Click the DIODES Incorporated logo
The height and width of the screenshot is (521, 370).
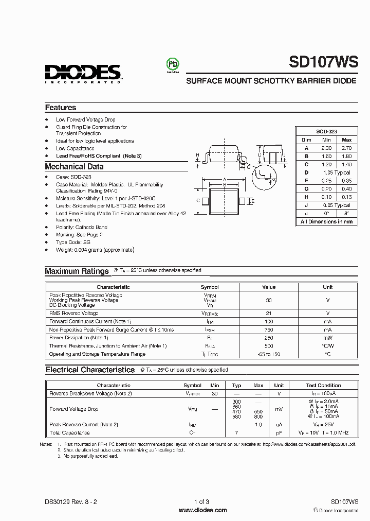[82, 73]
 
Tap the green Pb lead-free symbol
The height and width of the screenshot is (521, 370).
[172, 64]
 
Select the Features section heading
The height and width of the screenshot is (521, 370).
[60, 108]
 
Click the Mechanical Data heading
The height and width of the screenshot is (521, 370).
[74, 167]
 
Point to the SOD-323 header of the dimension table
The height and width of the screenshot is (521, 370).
[326, 132]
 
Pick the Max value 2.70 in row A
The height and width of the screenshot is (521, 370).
[346, 148]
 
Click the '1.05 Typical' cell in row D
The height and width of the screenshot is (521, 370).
[337, 172]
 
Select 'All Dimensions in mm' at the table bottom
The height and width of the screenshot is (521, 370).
[326, 222]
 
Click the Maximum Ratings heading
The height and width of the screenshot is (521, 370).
[77, 271]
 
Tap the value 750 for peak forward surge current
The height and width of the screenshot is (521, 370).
[269, 329]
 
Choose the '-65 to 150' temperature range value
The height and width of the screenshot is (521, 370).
[269, 354]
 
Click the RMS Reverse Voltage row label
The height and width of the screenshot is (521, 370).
[73, 313]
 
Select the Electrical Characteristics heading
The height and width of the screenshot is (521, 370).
[90, 370]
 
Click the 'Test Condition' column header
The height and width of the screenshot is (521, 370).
[323, 386]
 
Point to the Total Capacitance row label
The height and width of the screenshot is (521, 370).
[69, 432]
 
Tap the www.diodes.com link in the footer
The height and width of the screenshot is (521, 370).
[202, 510]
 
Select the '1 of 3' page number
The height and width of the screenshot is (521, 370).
[202, 502]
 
